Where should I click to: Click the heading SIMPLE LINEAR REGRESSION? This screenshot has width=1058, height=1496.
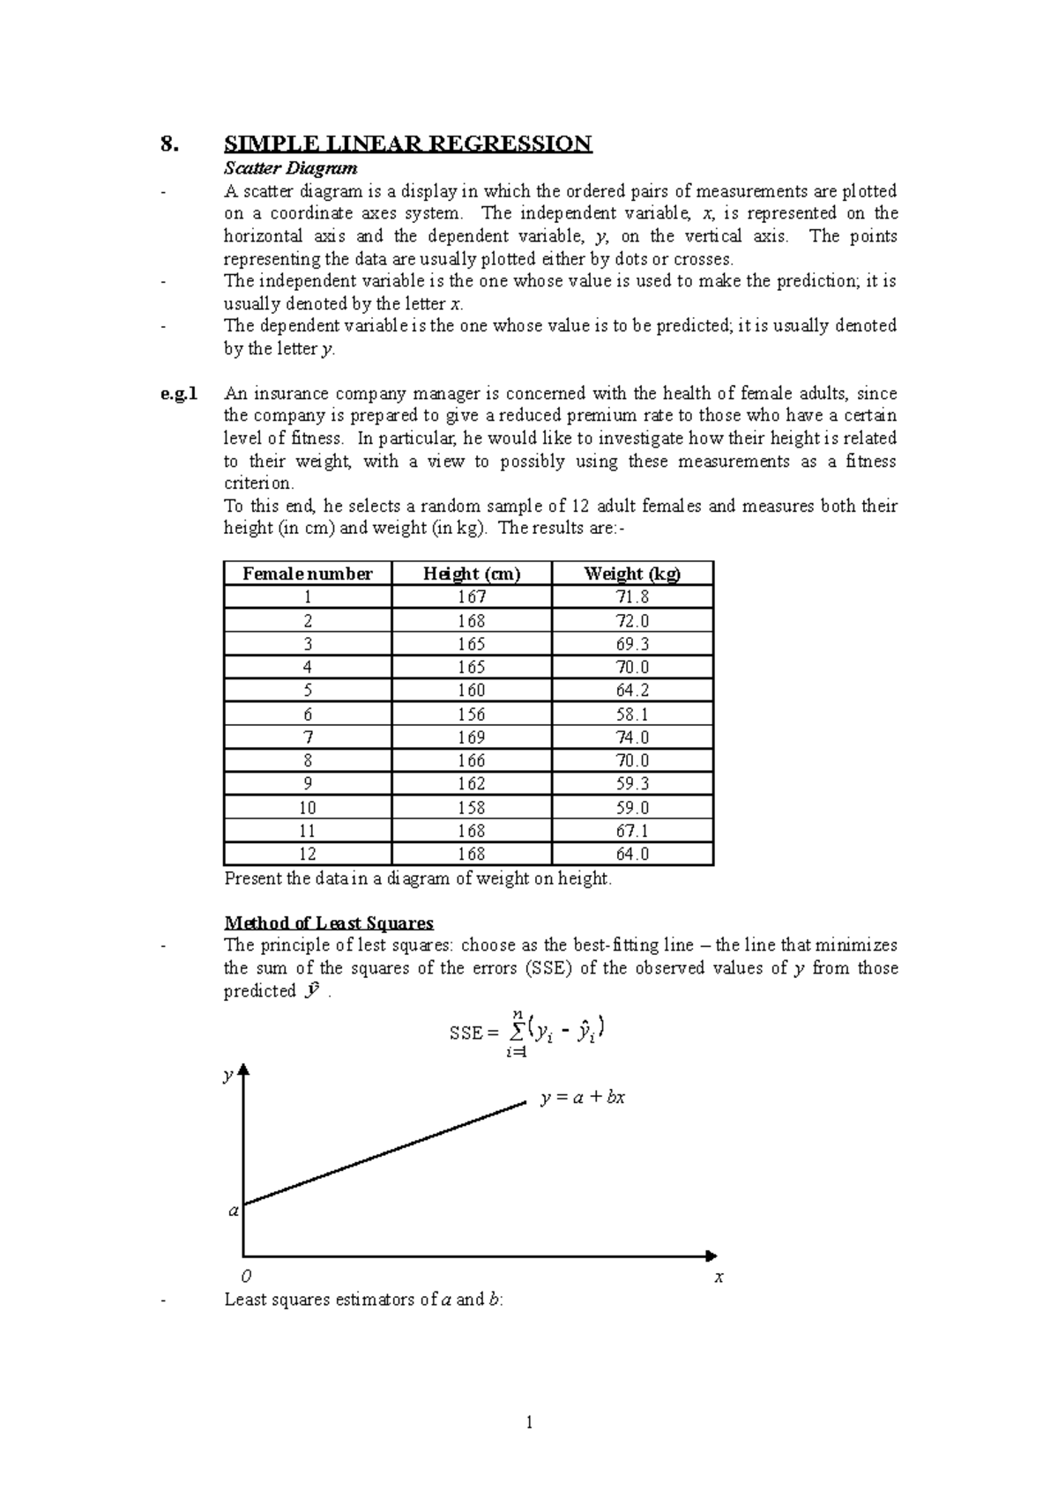point(407,144)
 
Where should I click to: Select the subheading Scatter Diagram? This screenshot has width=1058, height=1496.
point(290,168)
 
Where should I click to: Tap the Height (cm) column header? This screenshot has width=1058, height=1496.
point(472,574)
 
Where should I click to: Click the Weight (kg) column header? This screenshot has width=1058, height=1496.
point(632,574)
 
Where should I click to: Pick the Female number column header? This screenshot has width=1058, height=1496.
point(307,574)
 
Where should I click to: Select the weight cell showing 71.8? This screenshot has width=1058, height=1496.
point(632,597)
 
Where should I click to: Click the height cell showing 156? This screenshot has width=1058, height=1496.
point(472,715)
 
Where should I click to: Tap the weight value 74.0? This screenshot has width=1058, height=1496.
point(632,737)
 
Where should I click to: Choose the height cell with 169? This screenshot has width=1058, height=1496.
point(472,737)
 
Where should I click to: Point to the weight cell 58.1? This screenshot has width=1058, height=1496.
point(632,715)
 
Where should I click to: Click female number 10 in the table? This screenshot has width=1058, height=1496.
point(307,807)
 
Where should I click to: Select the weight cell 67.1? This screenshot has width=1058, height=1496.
point(632,831)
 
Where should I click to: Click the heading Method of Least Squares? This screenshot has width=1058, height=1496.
point(329,923)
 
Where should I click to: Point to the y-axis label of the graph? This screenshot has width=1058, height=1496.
point(227,1076)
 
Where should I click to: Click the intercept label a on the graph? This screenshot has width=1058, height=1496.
point(234,1211)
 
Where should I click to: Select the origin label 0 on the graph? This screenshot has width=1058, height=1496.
point(247,1276)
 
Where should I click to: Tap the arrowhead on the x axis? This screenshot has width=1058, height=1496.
point(712,1255)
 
